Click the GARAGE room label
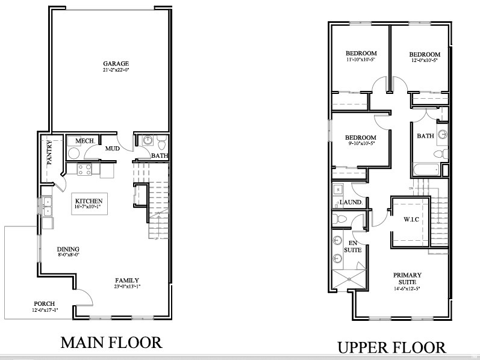coord(116,63)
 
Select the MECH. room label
coord(84,140)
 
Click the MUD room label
coord(112,148)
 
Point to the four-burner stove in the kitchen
coord(85,169)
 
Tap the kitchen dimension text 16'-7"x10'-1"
coord(89,207)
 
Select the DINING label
coord(69,249)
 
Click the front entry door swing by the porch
coord(84,296)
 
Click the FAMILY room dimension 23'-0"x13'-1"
coord(128,287)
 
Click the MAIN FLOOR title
coord(111,343)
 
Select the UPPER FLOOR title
coord(391,347)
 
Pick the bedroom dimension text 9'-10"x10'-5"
coord(361,143)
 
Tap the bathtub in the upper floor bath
coord(426,170)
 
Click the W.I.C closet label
coord(411,219)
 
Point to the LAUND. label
coord(350,202)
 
